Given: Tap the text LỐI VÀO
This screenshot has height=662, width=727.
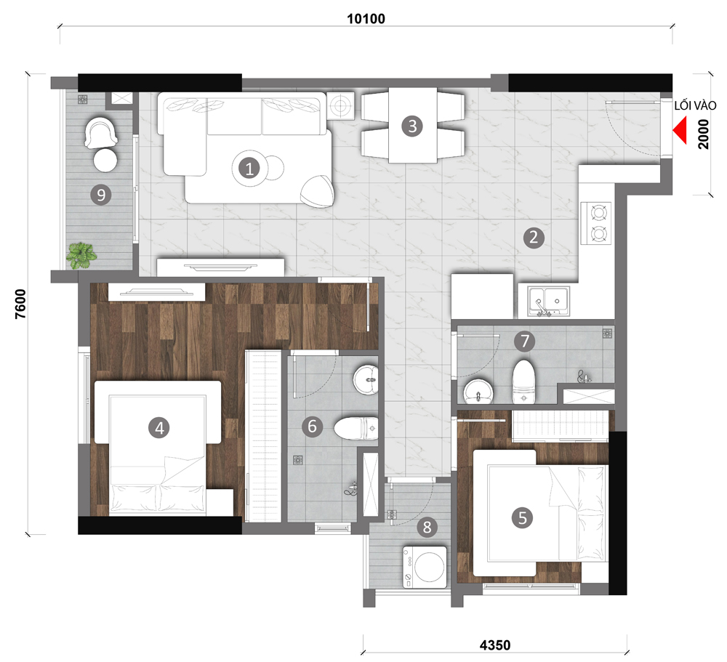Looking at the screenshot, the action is (695, 105).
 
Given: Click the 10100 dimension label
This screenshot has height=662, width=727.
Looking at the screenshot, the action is (366, 19).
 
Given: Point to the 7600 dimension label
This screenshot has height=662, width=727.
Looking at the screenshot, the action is (21, 304).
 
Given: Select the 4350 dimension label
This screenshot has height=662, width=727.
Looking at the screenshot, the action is (494, 645).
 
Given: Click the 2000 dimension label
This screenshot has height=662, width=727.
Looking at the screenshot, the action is (703, 134).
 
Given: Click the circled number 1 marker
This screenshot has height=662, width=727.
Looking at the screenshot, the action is (249, 169).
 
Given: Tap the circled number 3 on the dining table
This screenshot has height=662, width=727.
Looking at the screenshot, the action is (412, 126).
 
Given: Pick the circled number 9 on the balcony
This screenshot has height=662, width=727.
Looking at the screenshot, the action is (100, 195).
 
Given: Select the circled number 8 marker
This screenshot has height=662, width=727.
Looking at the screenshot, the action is (427, 527).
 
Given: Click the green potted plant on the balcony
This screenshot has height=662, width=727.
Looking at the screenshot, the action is (81, 256).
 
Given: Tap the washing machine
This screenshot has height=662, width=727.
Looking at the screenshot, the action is (425, 567).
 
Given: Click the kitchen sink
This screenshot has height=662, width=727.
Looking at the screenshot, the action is (548, 301).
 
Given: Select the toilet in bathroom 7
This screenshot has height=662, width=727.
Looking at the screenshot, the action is (524, 382).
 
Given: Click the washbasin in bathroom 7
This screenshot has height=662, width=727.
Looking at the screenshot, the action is (478, 392).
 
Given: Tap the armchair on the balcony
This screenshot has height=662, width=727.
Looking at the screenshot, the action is (100, 132).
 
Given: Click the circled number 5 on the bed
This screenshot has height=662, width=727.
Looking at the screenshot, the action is (523, 518).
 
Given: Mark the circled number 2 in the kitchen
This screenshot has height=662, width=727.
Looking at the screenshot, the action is (534, 237).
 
